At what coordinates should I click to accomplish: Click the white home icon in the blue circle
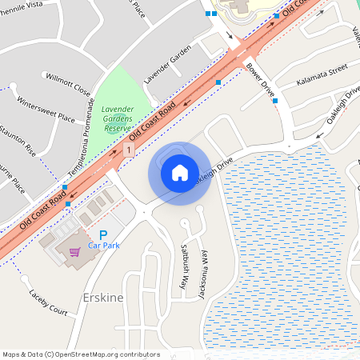click(x=179, y=172)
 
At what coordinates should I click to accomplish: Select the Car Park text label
click(x=104, y=246)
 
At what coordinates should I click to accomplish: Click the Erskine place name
click(x=103, y=298)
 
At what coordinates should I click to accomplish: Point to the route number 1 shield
click(x=128, y=150)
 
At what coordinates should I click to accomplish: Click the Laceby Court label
click(x=48, y=302)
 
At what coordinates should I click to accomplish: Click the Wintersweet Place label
click(x=46, y=110)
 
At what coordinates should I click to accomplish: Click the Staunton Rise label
click(x=18, y=138)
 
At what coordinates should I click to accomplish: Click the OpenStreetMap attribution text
click(x=80, y=354)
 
